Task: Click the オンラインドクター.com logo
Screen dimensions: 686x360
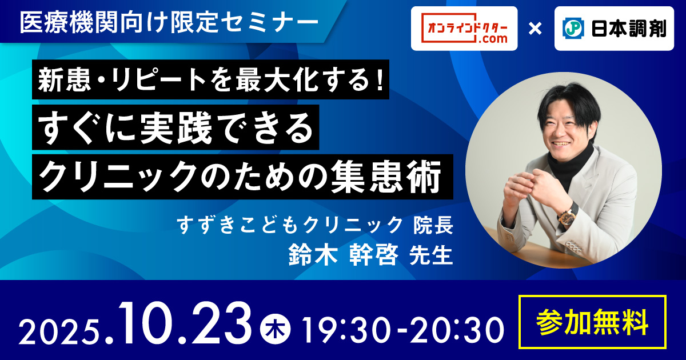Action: point(464,28)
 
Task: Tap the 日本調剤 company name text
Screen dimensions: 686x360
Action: point(629,29)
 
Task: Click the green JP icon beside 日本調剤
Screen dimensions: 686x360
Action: point(573,29)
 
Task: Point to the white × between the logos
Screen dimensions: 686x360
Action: point(535,29)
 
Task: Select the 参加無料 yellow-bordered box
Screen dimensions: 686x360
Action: point(592,322)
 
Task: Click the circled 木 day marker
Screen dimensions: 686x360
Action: point(276,330)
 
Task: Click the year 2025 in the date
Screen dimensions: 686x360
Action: point(59,331)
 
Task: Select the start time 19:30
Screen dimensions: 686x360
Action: point(346,330)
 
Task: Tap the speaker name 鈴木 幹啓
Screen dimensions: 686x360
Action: point(344,255)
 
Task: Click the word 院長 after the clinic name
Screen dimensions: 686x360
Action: point(433,225)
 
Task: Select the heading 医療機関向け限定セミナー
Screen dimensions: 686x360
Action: point(169,23)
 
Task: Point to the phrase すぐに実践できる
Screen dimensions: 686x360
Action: point(176,127)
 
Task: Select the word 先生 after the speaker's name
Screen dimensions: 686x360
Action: point(431,255)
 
